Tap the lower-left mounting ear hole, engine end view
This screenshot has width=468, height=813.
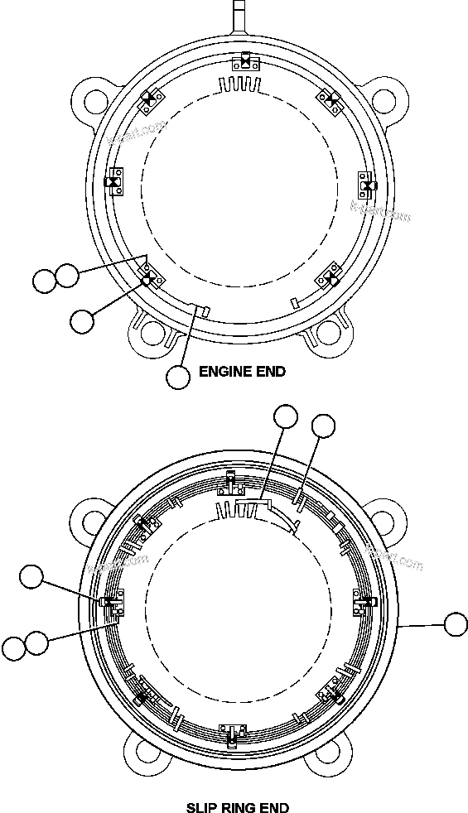pyautogui.click(x=151, y=332)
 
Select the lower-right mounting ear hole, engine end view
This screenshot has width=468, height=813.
pyautogui.click(x=327, y=332)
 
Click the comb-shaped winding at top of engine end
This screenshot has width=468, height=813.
pyautogui.click(x=240, y=84)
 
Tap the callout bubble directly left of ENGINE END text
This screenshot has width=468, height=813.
pyautogui.click(x=178, y=377)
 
